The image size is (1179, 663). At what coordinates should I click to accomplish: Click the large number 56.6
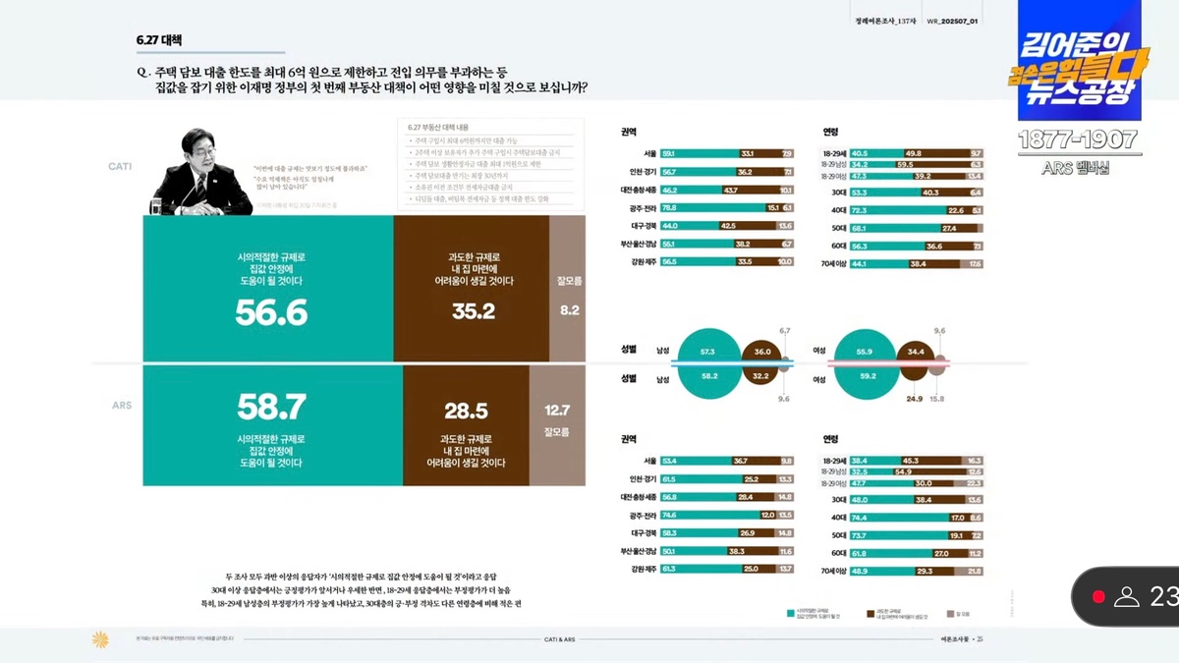[271, 312]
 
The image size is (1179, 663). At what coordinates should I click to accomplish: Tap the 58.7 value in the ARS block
[271, 406]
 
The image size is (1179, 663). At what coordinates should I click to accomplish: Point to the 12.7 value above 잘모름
[556, 410]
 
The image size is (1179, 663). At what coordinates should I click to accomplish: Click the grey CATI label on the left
[120, 166]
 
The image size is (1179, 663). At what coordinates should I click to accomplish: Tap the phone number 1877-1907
[1077, 139]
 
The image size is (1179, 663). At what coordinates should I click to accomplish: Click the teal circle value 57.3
[706, 351]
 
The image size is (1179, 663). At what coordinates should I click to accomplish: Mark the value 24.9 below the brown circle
[914, 399]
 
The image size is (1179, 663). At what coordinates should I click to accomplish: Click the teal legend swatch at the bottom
[790, 614]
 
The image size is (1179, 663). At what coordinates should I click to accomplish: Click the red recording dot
[1098, 596]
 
